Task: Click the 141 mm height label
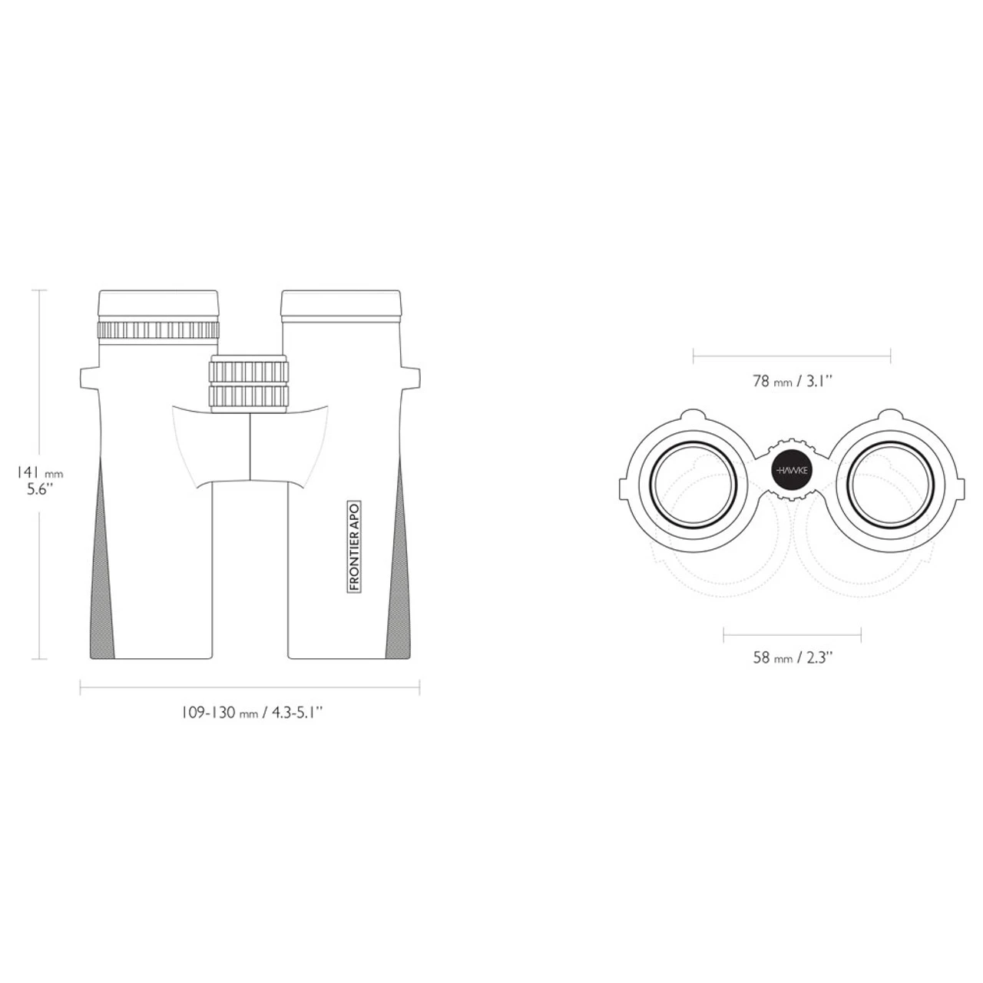pyautogui.click(x=40, y=473)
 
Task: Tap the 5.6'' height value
pyautogui.click(x=40, y=490)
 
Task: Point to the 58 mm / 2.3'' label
pyautogui.click(x=793, y=657)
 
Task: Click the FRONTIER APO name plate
pyautogui.click(x=355, y=546)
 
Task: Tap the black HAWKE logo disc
pyautogui.click(x=791, y=470)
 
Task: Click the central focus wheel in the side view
pyautogui.click(x=248, y=384)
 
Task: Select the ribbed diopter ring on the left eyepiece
pyautogui.click(x=158, y=330)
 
